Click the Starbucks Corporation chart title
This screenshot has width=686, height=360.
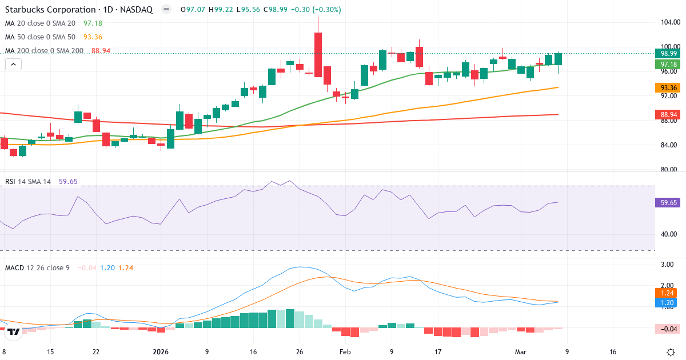(50, 10)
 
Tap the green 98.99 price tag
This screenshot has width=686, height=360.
(666, 53)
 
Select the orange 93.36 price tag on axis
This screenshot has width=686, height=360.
(666, 87)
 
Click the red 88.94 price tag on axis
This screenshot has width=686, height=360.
(666, 115)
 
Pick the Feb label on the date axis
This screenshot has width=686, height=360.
(345, 352)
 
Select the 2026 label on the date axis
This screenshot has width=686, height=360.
(161, 352)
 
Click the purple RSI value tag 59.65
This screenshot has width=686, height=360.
(666, 202)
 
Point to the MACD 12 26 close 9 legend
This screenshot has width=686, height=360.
(37, 267)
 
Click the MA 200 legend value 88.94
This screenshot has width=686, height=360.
(101, 51)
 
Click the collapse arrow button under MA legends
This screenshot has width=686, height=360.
(13, 65)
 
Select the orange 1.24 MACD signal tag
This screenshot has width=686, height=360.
(666, 292)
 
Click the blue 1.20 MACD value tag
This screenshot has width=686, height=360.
(666, 302)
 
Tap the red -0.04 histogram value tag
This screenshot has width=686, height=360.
(666, 328)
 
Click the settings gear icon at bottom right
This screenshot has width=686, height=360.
(672, 352)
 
